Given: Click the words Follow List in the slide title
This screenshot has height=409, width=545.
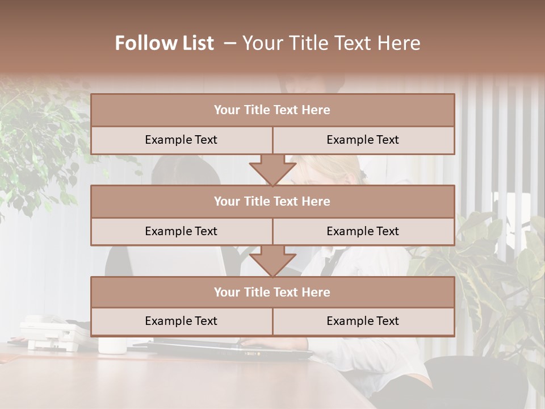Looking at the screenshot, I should point(165,43).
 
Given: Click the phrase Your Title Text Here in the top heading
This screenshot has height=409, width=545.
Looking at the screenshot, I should point(332,43).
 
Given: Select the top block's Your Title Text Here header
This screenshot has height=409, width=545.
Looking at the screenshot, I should point(272,110).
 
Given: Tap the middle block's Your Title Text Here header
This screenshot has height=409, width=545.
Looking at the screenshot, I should point(272,202).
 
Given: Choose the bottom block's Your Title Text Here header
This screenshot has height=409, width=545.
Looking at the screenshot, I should point(272,293).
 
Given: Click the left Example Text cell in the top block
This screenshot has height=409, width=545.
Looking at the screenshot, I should point(181,140).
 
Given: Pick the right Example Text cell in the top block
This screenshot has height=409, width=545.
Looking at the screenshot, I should point(363,140).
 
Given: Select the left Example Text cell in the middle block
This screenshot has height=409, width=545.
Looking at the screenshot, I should point(181,232).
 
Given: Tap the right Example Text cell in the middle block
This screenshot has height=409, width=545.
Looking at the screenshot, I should point(363,232).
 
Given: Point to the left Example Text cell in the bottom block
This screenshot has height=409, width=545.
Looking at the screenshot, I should point(181,322).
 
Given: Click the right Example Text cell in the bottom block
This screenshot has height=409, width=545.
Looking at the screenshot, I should point(363,322).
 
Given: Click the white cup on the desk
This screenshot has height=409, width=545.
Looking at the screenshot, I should point(112,345).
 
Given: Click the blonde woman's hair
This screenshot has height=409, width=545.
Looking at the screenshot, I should point(335,168).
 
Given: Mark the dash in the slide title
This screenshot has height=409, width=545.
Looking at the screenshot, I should point(230,43).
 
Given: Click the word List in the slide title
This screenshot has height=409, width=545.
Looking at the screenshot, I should point(194,43).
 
